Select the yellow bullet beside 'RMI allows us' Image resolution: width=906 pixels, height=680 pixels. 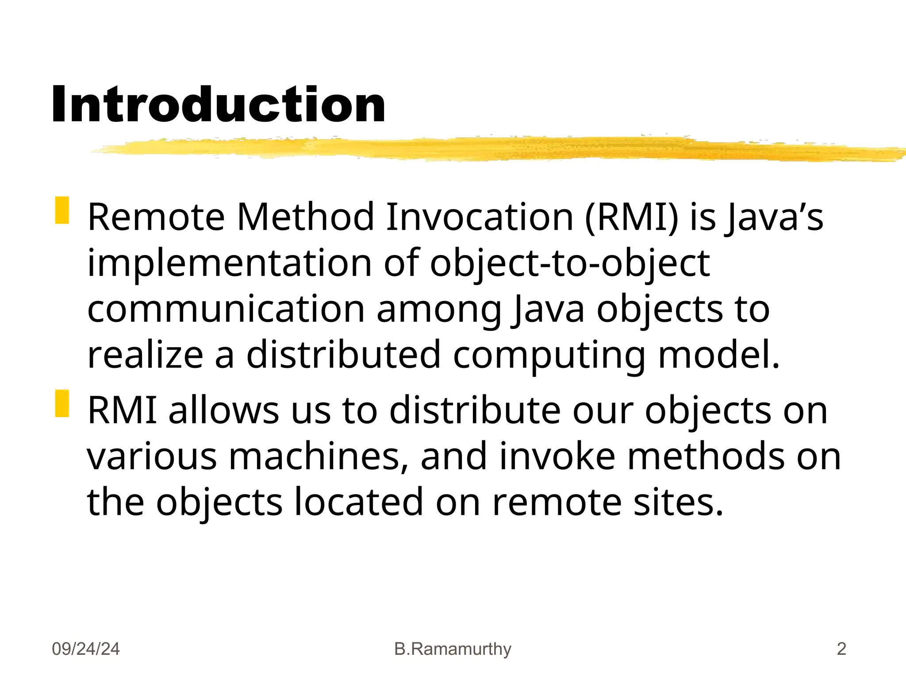tap(62, 403)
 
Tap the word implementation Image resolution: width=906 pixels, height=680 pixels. tap(230, 264)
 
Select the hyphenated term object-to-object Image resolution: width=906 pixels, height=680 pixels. tap(570, 264)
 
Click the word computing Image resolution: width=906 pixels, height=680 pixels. tap(549, 356)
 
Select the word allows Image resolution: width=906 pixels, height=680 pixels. tap(223, 410)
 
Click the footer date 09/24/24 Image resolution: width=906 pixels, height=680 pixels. tap(86, 649)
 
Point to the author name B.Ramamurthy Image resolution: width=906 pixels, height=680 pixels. tap(453, 649)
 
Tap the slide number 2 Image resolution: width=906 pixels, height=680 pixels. tap(841, 649)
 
